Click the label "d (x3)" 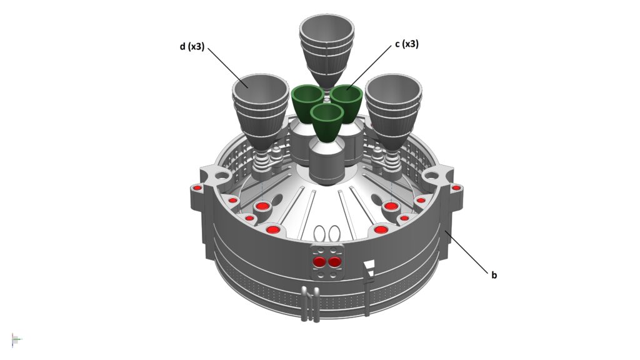tap(192, 46)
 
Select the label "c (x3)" tap(406, 44)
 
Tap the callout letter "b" tap(494, 275)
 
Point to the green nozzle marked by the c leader tap(346, 102)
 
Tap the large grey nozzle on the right tap(392, 110)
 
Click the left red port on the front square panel tap(319, 262)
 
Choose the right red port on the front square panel tap(334, 262)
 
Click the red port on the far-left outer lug tap(197, 188)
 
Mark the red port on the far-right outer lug tap(456, 188)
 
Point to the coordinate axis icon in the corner tap(16, 339)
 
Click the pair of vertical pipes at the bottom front tap(310, 304)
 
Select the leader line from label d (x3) tap(227, 67)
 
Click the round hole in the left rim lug tap(222, 176)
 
